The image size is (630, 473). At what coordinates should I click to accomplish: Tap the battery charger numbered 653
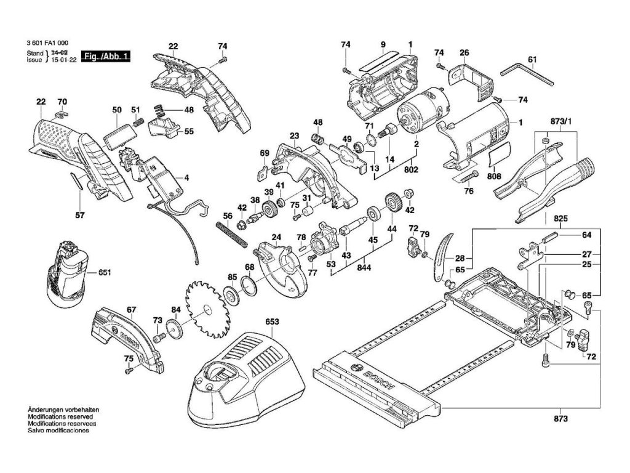246,376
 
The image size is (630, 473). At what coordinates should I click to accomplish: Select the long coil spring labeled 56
230,233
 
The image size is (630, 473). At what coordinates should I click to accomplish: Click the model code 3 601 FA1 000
47,44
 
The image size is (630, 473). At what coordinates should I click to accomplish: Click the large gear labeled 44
390,204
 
